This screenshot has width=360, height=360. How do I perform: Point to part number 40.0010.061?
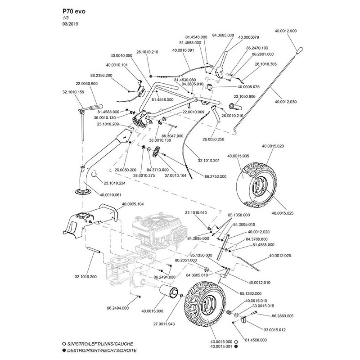pyautogui.click(x=110, y=195)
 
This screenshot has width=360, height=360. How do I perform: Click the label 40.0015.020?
pyautogui.click(x=273, y=147)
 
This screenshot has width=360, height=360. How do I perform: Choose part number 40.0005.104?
pyautogui.click(x=133, y=204)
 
